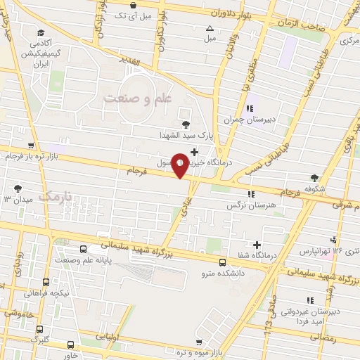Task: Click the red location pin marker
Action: pos(181,165)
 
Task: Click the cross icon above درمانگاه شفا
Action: pos(257,245)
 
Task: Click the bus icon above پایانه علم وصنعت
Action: pos(84,249)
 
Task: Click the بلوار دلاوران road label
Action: pos(230,13)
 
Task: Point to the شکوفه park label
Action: pos(315,188)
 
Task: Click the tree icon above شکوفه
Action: pos(314,178)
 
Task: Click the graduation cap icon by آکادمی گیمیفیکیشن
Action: pos(41,33)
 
